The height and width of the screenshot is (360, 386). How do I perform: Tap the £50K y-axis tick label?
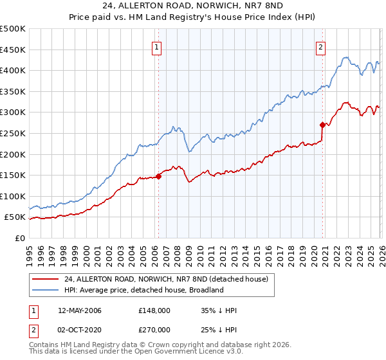(x=15, y=217)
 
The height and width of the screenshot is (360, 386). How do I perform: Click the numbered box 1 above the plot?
(x=158, y=46)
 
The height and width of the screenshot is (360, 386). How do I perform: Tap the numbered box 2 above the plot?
(x=320, y=46)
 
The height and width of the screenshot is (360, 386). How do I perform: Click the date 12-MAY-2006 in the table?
(x=79, y=310)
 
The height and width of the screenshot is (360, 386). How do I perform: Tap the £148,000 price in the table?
(x=154, y=310)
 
